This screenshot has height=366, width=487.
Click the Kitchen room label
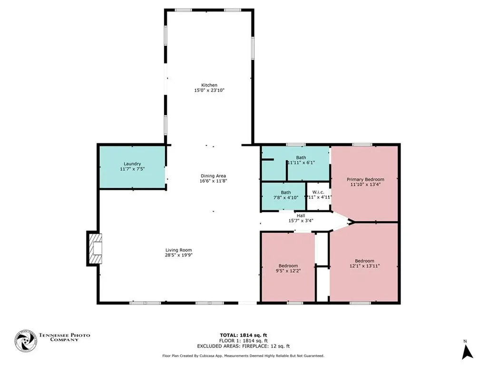pyautogui.click(x=209, y=85)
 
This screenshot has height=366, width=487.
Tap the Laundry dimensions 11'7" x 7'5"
pyautogui.click(x=130, y=169)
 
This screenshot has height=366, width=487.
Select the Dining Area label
pyautogui.click(x=213, y=176)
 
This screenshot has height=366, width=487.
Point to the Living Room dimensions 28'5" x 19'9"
pyautogui.click(x=178, y=255)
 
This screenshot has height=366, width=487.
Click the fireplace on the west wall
pyautogui.click(x=95, y=248)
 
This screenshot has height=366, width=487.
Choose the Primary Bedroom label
pyautogui.click(x=365, y=180)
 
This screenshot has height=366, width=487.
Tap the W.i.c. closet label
pyautogui.click(x=318, y=193)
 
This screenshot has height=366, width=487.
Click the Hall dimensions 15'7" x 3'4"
pyautogui.click(x=301, y=221)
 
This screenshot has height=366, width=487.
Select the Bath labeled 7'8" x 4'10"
pyautogui.click(x=285, y=195)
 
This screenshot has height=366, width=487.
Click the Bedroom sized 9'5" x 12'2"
pyautogui.click(x=288, y=268)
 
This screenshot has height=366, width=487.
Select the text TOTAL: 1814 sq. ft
pyautogui.click(x=243, y=335)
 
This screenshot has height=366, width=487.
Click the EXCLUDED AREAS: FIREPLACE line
pyautogui.click(x=243, y=346)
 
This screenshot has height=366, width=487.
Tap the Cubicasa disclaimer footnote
pyautogui.click(x=243, y=356)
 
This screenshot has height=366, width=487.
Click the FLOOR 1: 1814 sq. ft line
pyautogui.click(x=243, y=341)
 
